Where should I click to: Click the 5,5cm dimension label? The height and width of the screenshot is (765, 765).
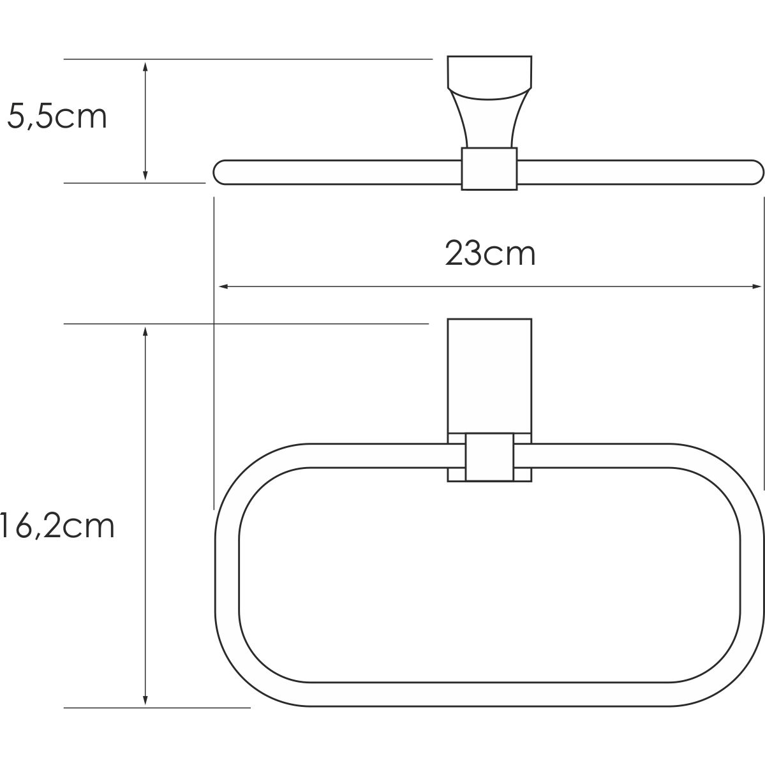(56, 117)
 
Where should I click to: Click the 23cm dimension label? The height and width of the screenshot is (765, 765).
(490, 253)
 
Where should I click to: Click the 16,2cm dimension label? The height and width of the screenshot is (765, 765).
(57, 527)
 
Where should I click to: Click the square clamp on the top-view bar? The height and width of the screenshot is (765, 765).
(489, 168)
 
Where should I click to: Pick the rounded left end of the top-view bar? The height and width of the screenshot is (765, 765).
(221, 172)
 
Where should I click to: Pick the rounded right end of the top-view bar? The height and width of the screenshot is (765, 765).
(755, 172)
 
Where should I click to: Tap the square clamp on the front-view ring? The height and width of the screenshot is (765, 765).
(489, 457)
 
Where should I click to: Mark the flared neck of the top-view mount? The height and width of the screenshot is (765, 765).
(489, 121)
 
